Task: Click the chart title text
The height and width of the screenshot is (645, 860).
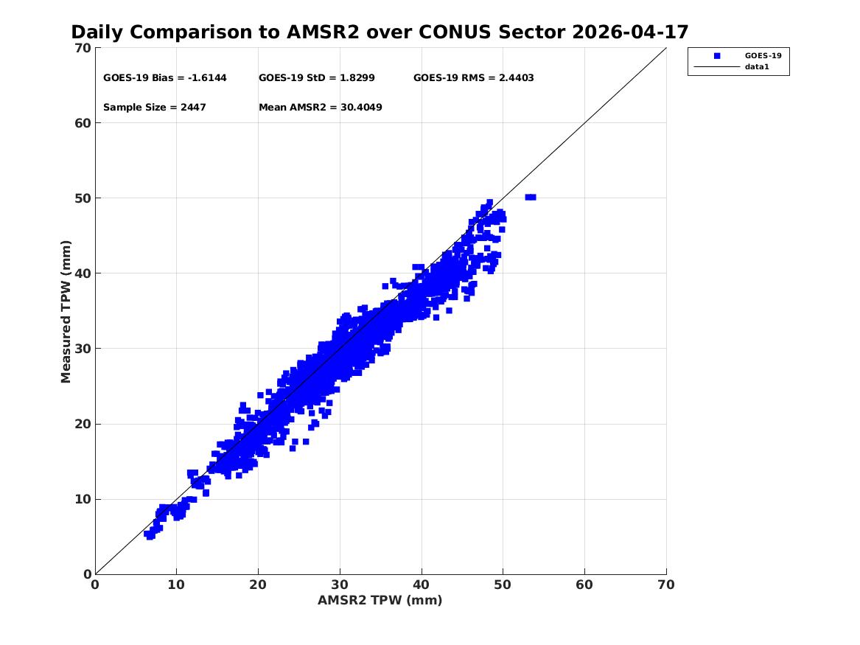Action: (380, 32)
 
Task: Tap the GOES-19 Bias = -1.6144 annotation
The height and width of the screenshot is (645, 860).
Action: (164, 78)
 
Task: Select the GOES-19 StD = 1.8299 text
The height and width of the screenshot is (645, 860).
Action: (316, 78)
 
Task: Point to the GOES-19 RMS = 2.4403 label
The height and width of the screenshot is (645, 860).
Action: (473, 78)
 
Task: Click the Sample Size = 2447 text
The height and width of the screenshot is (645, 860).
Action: (155, 108)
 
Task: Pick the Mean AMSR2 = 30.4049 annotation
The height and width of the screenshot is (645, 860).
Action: (321, 108)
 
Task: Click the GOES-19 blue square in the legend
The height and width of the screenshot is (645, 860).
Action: (717, 55)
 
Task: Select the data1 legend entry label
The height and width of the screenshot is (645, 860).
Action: (757, 67)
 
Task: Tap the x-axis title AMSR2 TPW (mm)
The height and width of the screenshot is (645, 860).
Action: (380, 600)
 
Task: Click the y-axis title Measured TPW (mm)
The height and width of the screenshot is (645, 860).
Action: (66, 312)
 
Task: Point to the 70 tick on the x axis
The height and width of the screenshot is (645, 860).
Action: (666, 585)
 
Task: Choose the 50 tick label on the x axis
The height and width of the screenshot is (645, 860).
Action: (503, 585)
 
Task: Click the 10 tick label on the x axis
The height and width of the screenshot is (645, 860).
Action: (176, 585)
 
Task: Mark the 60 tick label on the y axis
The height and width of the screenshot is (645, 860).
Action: (83, 123)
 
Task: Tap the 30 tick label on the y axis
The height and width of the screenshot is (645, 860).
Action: (83, 348)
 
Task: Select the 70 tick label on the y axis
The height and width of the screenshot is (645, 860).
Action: (83, 48)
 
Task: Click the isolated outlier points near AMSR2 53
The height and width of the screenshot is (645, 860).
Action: (531, 197)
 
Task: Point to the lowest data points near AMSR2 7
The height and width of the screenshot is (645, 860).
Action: (149, 534)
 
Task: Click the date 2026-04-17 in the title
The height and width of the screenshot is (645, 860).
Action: (630, 32)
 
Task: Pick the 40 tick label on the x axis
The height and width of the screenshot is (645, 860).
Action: (422, 585)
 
